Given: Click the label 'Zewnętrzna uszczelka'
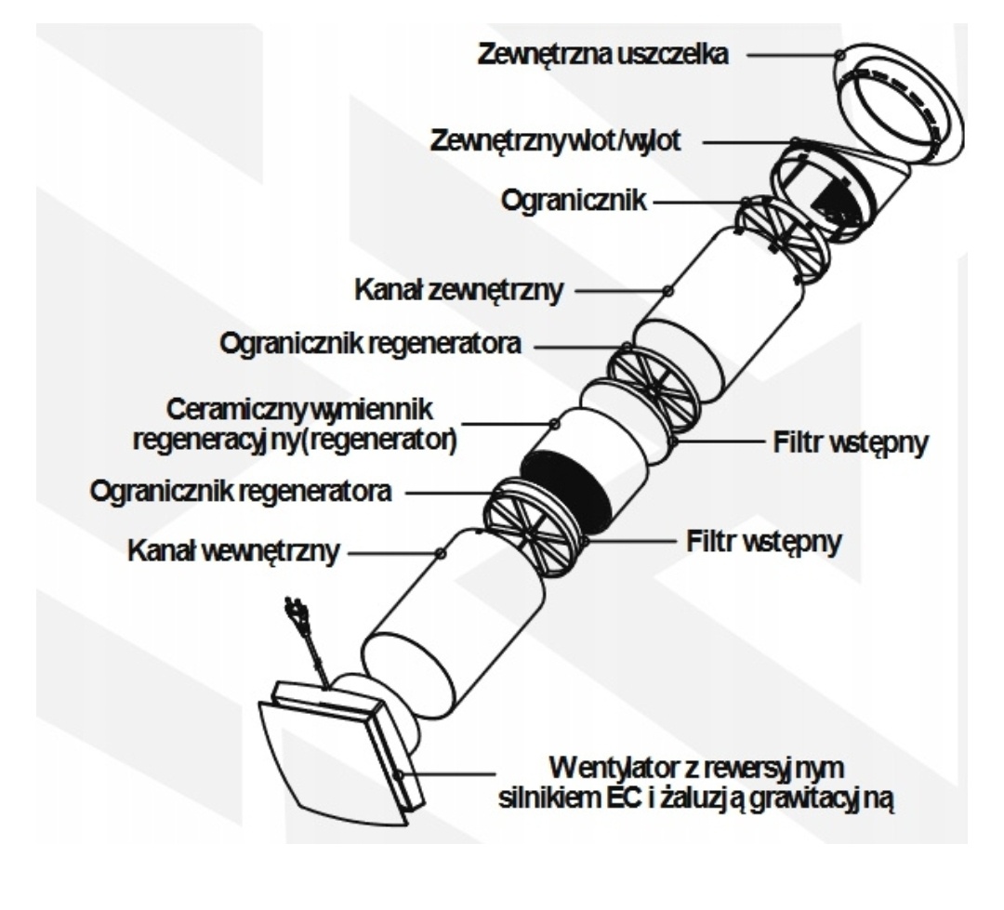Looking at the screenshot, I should pos(601,54).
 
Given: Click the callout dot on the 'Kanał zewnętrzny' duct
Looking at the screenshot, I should pos(667,292).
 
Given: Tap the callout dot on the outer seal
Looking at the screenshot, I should pos(841,54).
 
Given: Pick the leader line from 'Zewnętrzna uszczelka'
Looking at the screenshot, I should pos(790,54).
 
